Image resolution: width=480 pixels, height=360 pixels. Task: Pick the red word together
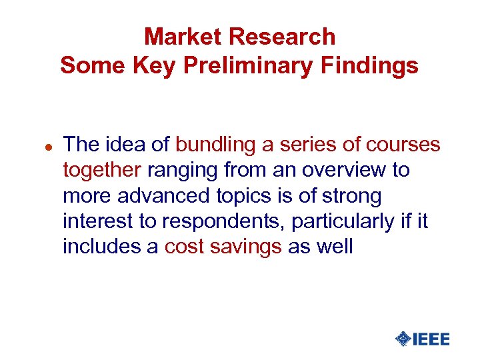[x=102, y=170]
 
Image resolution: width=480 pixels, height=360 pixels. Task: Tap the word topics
[x=244, y=196]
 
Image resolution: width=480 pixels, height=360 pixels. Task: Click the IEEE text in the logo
[x=431, y=339]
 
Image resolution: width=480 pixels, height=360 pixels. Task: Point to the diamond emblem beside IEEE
[x=403, y=339]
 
